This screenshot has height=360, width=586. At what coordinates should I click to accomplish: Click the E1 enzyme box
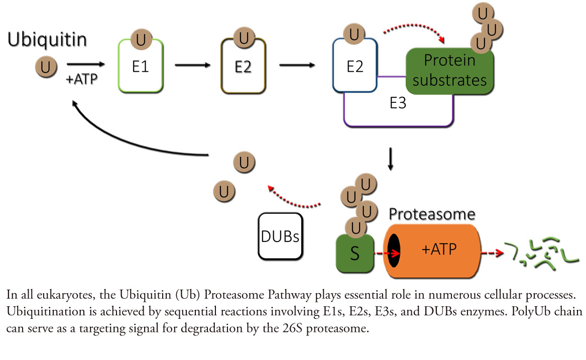140,67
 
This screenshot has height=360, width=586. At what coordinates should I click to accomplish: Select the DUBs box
280,236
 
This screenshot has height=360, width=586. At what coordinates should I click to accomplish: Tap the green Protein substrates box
449,71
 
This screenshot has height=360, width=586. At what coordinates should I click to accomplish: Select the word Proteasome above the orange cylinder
432,215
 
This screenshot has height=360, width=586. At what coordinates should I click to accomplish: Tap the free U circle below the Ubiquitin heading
45,67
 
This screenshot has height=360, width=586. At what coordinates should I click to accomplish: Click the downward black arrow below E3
390,159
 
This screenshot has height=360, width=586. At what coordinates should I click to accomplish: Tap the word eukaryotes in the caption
55,293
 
